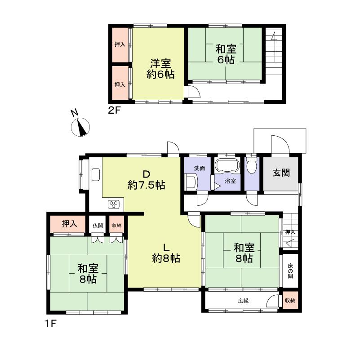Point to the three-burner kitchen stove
114,204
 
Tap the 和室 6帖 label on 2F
225,54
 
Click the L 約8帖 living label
166,253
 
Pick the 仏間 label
98,225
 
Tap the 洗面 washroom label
200,168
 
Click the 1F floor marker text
50,323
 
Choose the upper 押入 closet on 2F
120,45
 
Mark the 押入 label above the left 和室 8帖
68,224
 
